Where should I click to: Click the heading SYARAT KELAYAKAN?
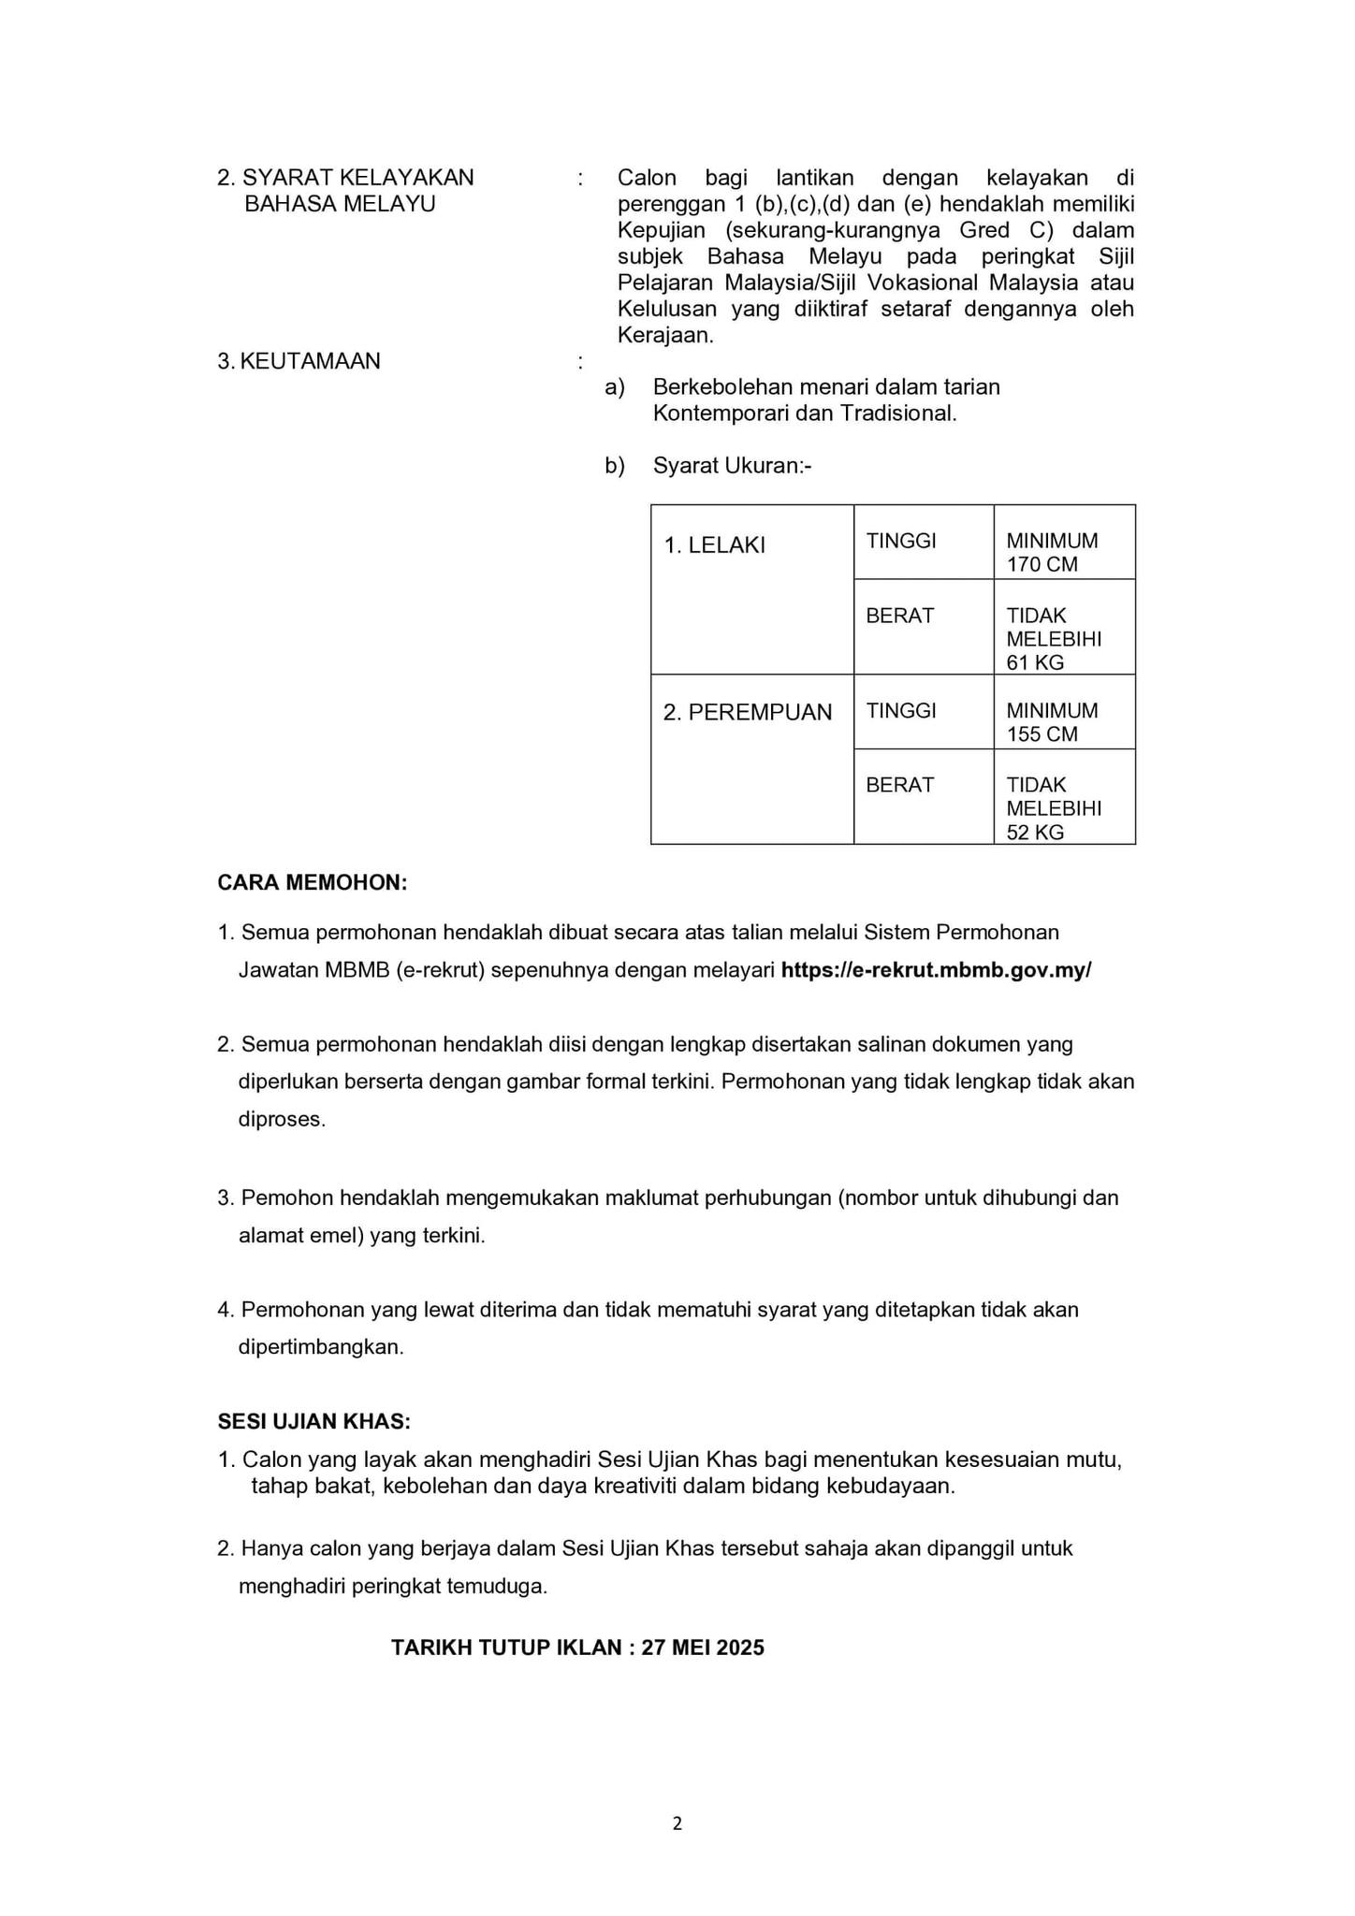(x=357, y=178)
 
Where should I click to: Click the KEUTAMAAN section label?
(x=309, y=361)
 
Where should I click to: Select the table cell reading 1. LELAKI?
(x=714, y=545)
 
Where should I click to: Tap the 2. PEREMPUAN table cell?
(x=747, y=713)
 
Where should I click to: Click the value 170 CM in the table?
(x=1042, y=565)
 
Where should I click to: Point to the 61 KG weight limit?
(x=1035, y=663)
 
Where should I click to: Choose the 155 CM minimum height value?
(x=1042, y=735)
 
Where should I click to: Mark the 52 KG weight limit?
(x=1035, y=834)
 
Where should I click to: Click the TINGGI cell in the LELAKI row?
(x=901, y=541)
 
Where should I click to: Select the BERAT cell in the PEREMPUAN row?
(x=899, y=785)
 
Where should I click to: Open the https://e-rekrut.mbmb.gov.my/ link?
(x=936, y=970)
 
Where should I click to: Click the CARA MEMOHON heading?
(x=313, y=883)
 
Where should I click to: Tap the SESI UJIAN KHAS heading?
(x=314, y=1422)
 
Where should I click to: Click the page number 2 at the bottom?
(x=677, y=1823)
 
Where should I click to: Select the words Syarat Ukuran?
(x=730, y=466)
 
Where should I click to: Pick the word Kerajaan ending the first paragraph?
(x=664, y=336)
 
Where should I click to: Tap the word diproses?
(x=282, y=1120)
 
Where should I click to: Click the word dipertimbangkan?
(x=321, y=1348)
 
